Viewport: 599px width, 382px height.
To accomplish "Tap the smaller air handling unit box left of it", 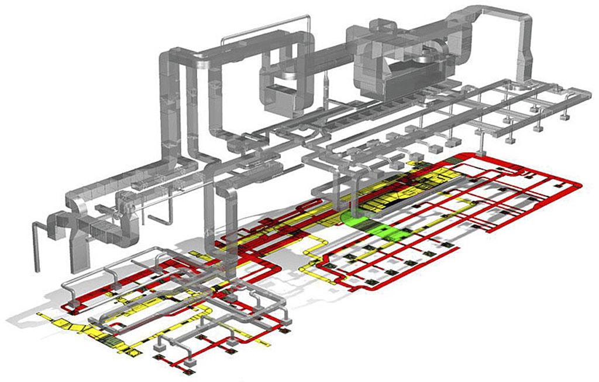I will coord(280,97).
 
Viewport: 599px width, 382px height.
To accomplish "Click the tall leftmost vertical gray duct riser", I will coord(165,105).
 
